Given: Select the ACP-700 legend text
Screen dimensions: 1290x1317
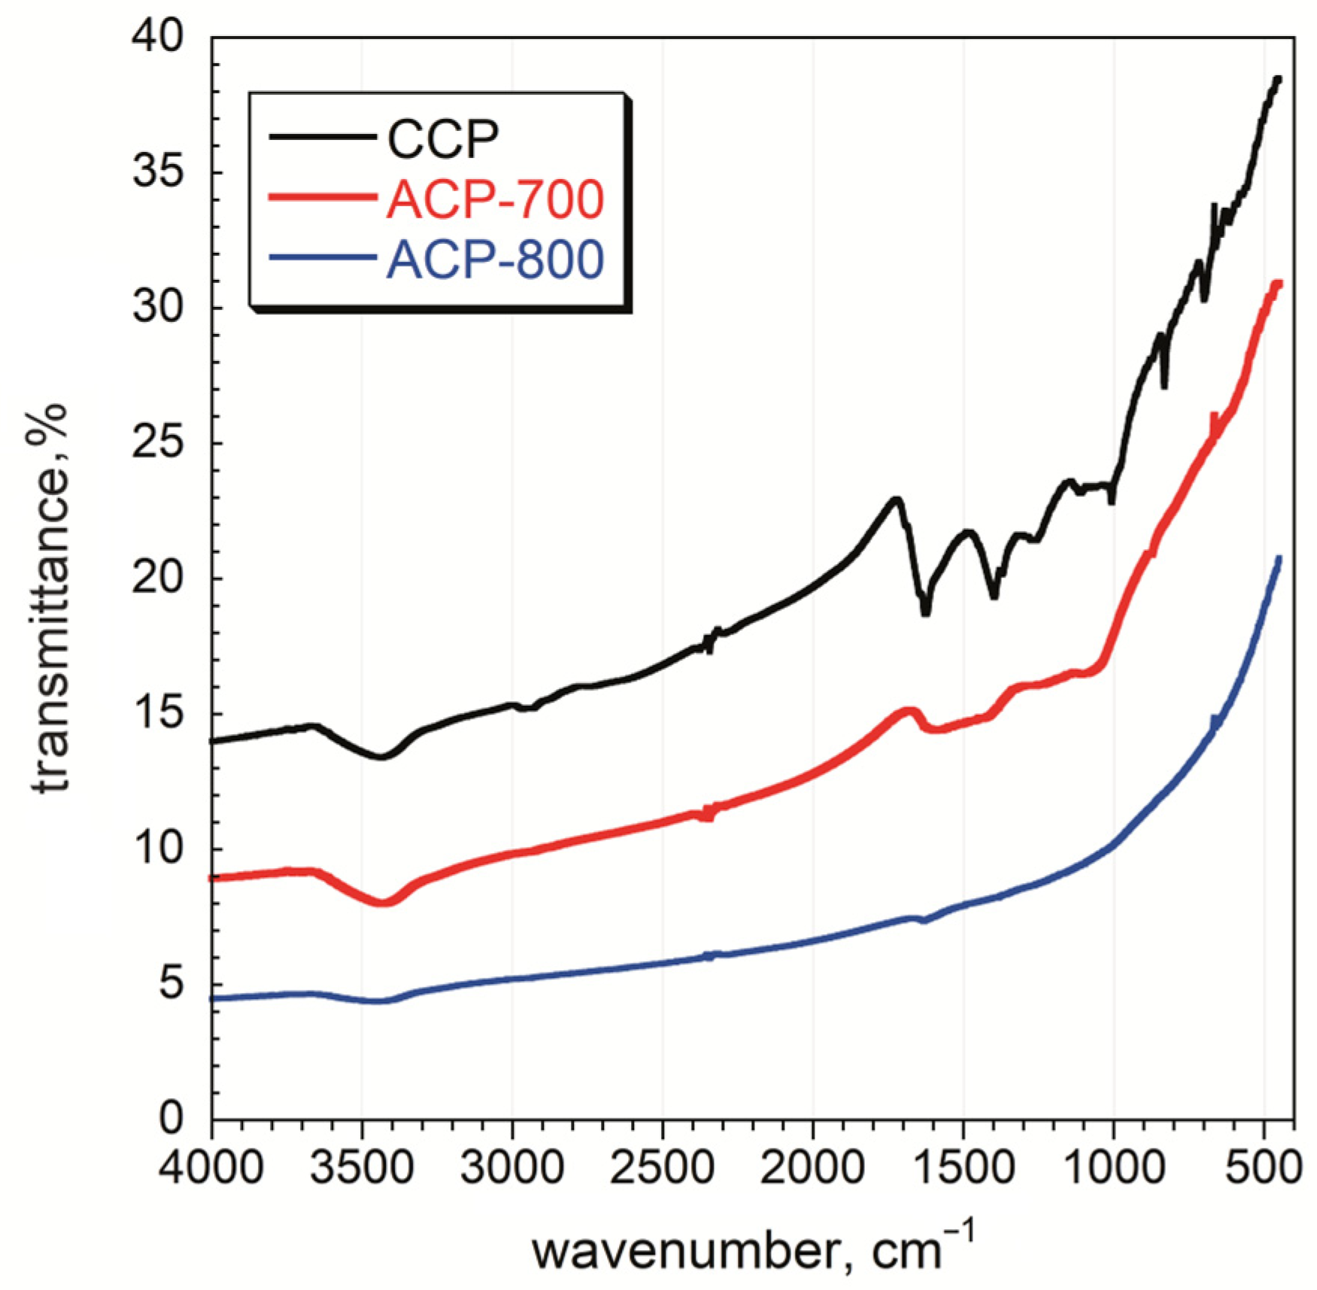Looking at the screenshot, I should (x=495, y=199).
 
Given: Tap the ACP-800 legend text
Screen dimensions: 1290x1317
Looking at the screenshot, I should (x=495, y=260).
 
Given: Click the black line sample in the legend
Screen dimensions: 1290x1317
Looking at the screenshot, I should (x=322, y=137).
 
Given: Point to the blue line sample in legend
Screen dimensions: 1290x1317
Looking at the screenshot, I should (x=322, y=258).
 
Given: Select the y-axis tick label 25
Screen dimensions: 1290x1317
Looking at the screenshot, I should (x=157, y=444).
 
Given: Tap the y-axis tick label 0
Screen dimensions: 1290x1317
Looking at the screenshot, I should (x=171, y=1119).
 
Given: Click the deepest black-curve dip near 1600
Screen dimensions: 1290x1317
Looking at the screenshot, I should (x=926, y=612).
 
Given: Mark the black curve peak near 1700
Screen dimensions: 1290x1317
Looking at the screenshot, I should (x=895, y=499).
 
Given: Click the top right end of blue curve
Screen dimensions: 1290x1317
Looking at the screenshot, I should (x=1279, y=557).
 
